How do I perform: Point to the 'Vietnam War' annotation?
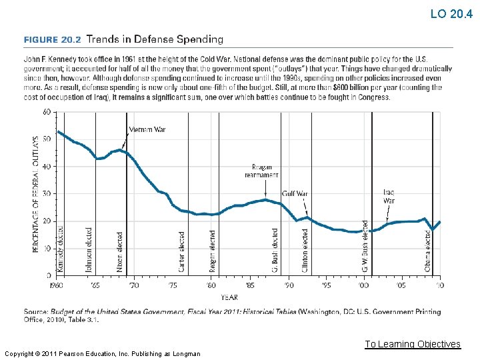[x=147, y=129]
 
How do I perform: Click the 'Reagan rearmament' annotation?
[x=261, y=171]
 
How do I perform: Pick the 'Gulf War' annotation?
[x=294, y=194]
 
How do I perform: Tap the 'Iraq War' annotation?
[x=389, y=196]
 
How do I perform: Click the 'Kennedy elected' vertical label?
[x=60, y=249]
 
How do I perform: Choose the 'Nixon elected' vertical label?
[x=120, y=251]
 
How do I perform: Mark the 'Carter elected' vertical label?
[x=182, y=251]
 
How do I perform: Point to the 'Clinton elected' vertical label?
[x=305, y=250]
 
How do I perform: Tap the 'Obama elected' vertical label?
[x=428, y=251]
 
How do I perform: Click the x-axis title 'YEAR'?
[x=229, y=297]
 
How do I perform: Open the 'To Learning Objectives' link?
[x=412, y=344]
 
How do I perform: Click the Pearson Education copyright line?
[x=101, y=353]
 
